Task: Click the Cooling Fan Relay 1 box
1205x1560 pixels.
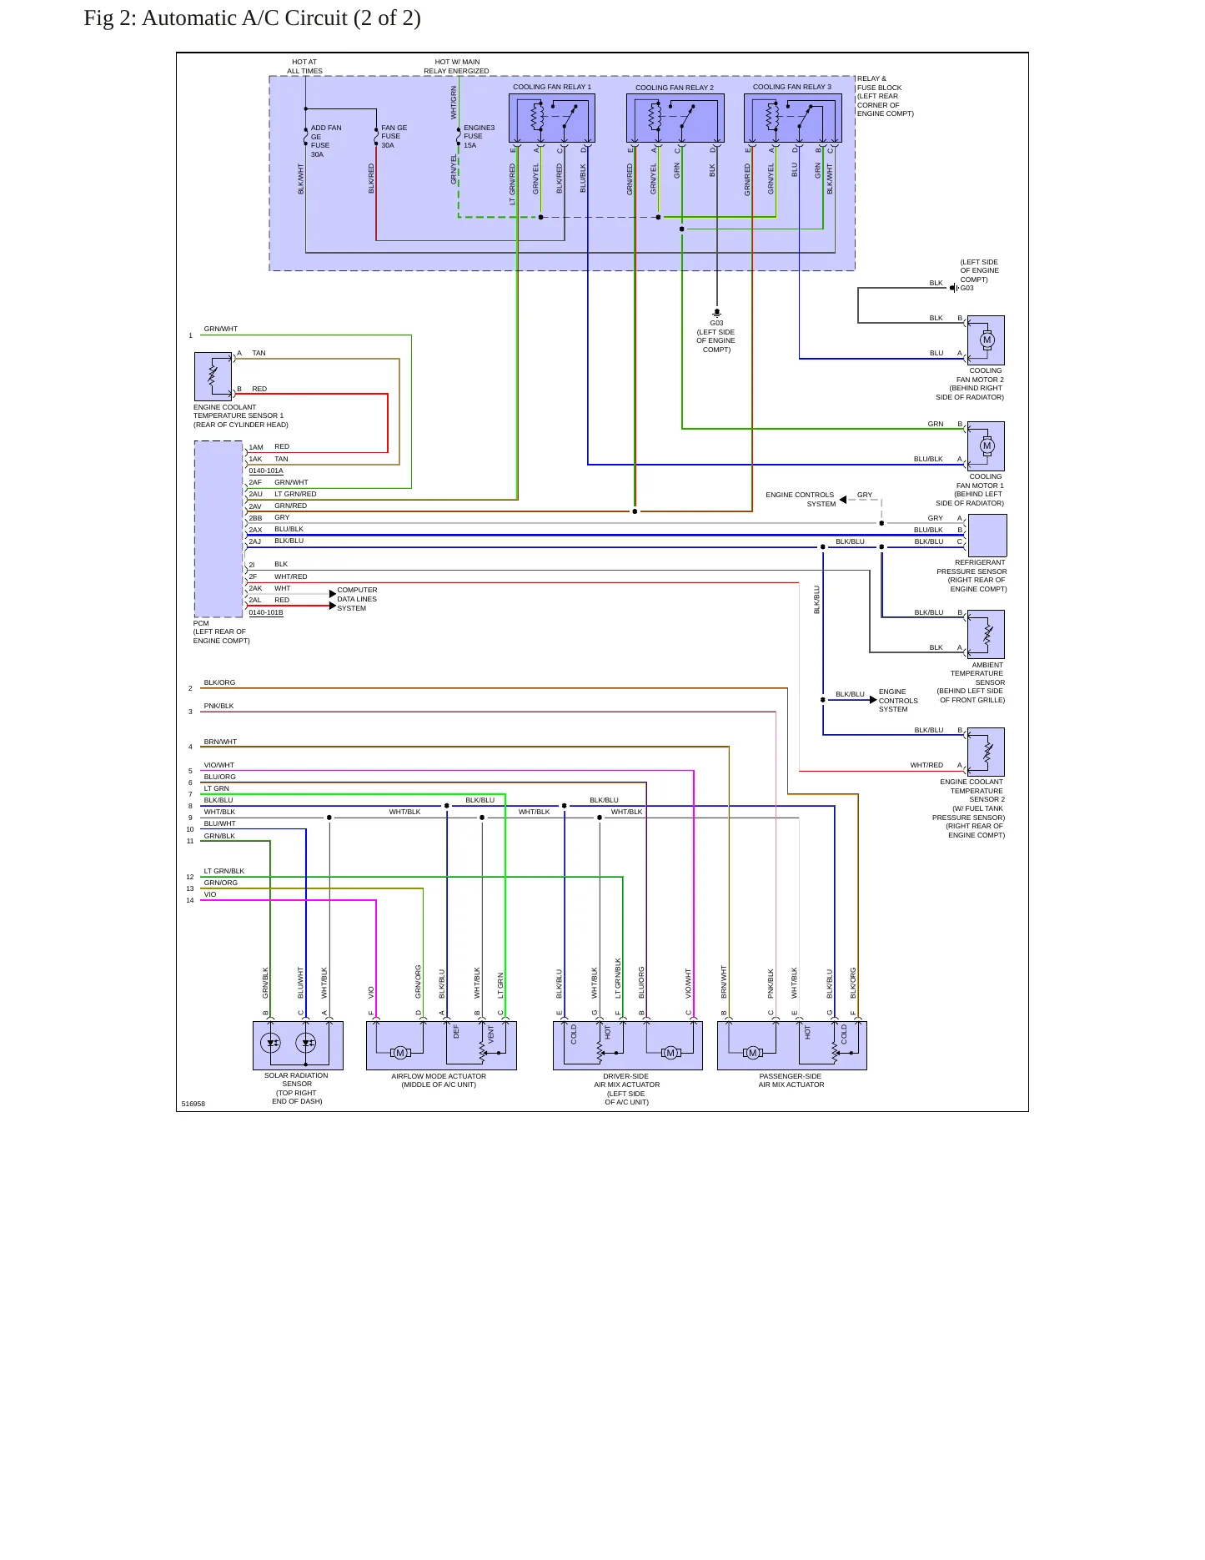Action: pos(551,118)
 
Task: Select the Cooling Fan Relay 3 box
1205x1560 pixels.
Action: pos(792,118)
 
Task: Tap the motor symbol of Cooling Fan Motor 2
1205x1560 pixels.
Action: pos(987,340)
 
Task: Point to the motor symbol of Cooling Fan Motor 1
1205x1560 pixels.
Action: pos(987,445)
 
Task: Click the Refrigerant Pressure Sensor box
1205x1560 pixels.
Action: pos(987,535)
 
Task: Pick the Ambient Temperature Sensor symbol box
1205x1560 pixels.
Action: pos(986,634)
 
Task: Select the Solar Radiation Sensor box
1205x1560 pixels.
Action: pos(298,1045)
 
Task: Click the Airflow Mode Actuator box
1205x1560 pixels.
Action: pos(441,1045)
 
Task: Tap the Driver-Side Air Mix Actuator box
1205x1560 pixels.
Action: pos(627,1045)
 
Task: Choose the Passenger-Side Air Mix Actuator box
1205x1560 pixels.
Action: pos(791,1045)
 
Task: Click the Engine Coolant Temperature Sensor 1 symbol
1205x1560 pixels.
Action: pos(213,376)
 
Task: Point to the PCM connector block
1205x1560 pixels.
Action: pos(218,529)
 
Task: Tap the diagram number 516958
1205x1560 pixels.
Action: pos(193,1104)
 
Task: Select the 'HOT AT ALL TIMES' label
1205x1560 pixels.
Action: pos(304,66)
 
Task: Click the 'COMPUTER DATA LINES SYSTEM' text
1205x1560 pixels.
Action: pos(357,599)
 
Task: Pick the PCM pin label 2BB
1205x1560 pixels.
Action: pos(255,518)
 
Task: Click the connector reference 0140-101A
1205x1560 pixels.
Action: pos(266,471)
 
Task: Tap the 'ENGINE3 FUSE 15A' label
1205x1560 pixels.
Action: pos(479,137)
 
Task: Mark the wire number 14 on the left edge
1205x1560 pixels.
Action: pos(190,900)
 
